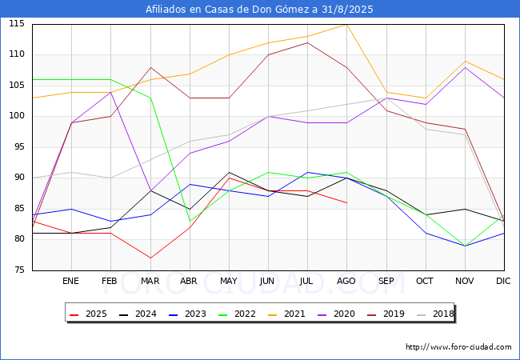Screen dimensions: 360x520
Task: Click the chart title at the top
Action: tap(259, 10)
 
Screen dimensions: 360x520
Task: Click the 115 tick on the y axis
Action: tap(16, 24)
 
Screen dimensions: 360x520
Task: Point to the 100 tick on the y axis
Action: tap(16, 117)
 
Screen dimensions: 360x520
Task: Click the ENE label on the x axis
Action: tap(71, 282)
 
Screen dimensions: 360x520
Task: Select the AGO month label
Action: tap(346, 282)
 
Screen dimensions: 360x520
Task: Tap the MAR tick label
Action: tap(150, 282)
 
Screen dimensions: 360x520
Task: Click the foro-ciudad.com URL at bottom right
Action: tap(458, 347)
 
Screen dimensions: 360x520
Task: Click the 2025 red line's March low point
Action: tap(150, 258)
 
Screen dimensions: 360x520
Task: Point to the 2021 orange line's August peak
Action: tap(346, 25)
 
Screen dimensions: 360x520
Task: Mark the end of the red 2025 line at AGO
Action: tap(346, 203)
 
